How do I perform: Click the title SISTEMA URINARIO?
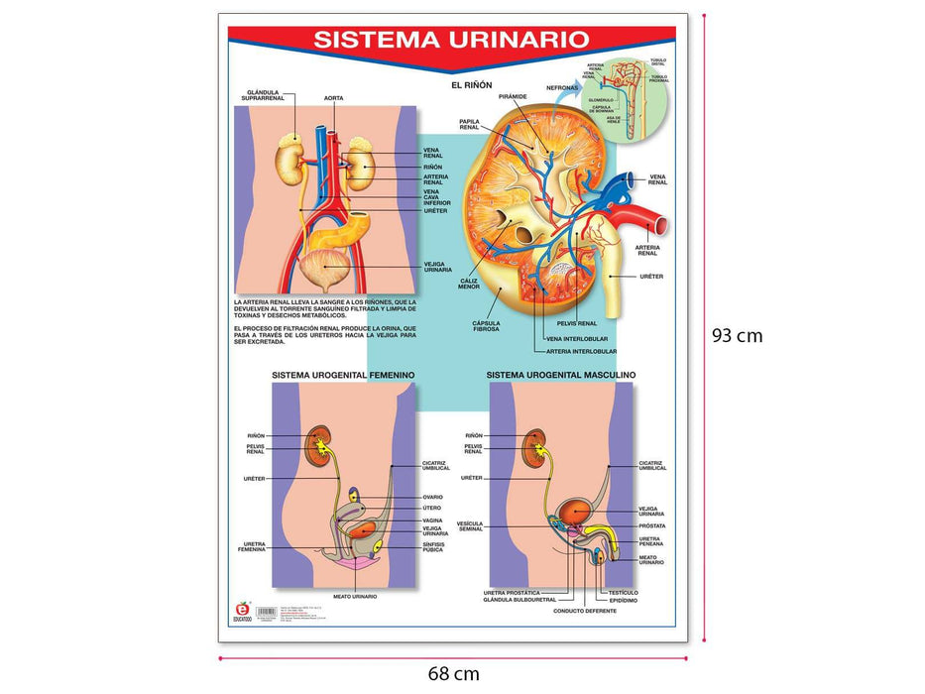coord(451,40)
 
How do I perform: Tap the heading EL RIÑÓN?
coord(471,85)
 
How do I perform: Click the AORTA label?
coord(333,98)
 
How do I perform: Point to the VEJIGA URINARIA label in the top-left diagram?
coord(437,267)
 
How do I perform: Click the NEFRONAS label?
coord(562,87)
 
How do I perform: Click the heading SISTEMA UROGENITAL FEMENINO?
coord(342,375)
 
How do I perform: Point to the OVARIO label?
coord(432,497)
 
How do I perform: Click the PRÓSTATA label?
coord(652,525)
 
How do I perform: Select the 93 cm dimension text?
coord(738,335)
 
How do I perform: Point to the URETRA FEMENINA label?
coord(251,546)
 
